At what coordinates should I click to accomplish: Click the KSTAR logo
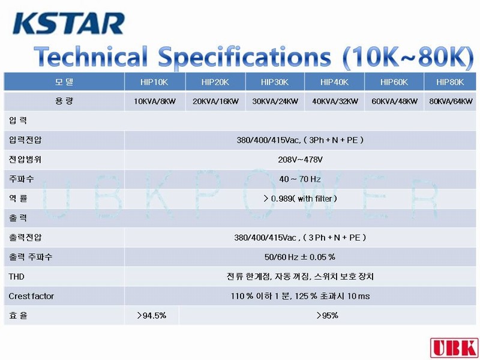pos(68,23)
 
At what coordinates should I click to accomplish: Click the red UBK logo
pos(454,348)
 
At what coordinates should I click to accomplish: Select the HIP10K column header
pos(154,82)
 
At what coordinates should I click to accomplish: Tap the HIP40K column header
pos(334,82)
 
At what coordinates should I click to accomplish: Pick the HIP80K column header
pos(450,82)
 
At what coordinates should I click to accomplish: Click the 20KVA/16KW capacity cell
pos(215,101)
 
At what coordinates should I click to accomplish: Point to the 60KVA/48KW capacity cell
pos(394,101)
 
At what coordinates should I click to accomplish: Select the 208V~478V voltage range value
pos(301,160)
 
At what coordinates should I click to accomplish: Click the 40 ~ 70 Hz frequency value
pos(300,179)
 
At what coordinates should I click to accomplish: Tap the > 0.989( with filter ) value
pos(300,199)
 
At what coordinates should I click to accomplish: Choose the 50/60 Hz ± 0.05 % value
pos(300,257)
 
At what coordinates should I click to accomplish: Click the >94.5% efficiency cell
pos(152,316)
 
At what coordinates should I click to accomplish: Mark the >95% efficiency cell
pos(327,316)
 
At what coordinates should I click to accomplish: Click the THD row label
pos(17,277)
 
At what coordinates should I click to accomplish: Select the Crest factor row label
pos(31,296)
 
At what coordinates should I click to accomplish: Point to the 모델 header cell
pos(64,82)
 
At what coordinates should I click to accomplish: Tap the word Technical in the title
pos(91,57)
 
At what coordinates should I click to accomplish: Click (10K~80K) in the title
pos(409,57)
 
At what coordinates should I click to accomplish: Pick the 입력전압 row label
pos(25,140)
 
